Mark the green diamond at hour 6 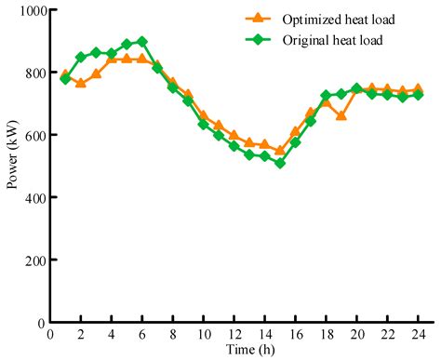[x=141, y=42]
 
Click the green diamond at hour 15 [x=279, y=164]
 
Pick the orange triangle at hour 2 [x=80, y=84]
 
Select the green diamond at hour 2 [x=80, y=57]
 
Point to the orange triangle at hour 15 [x=279, y=151]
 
